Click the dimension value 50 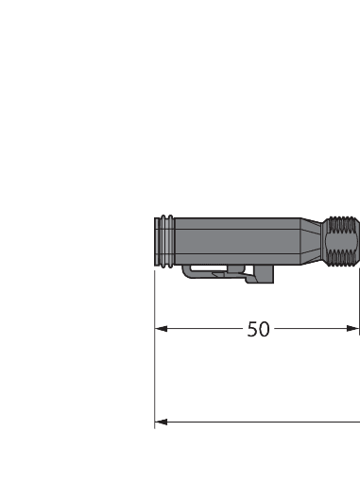258,329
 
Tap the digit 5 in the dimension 252,329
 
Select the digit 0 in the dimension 265,329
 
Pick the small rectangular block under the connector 261,273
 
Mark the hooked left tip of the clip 188,272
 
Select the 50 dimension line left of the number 203,329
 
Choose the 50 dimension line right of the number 312,329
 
